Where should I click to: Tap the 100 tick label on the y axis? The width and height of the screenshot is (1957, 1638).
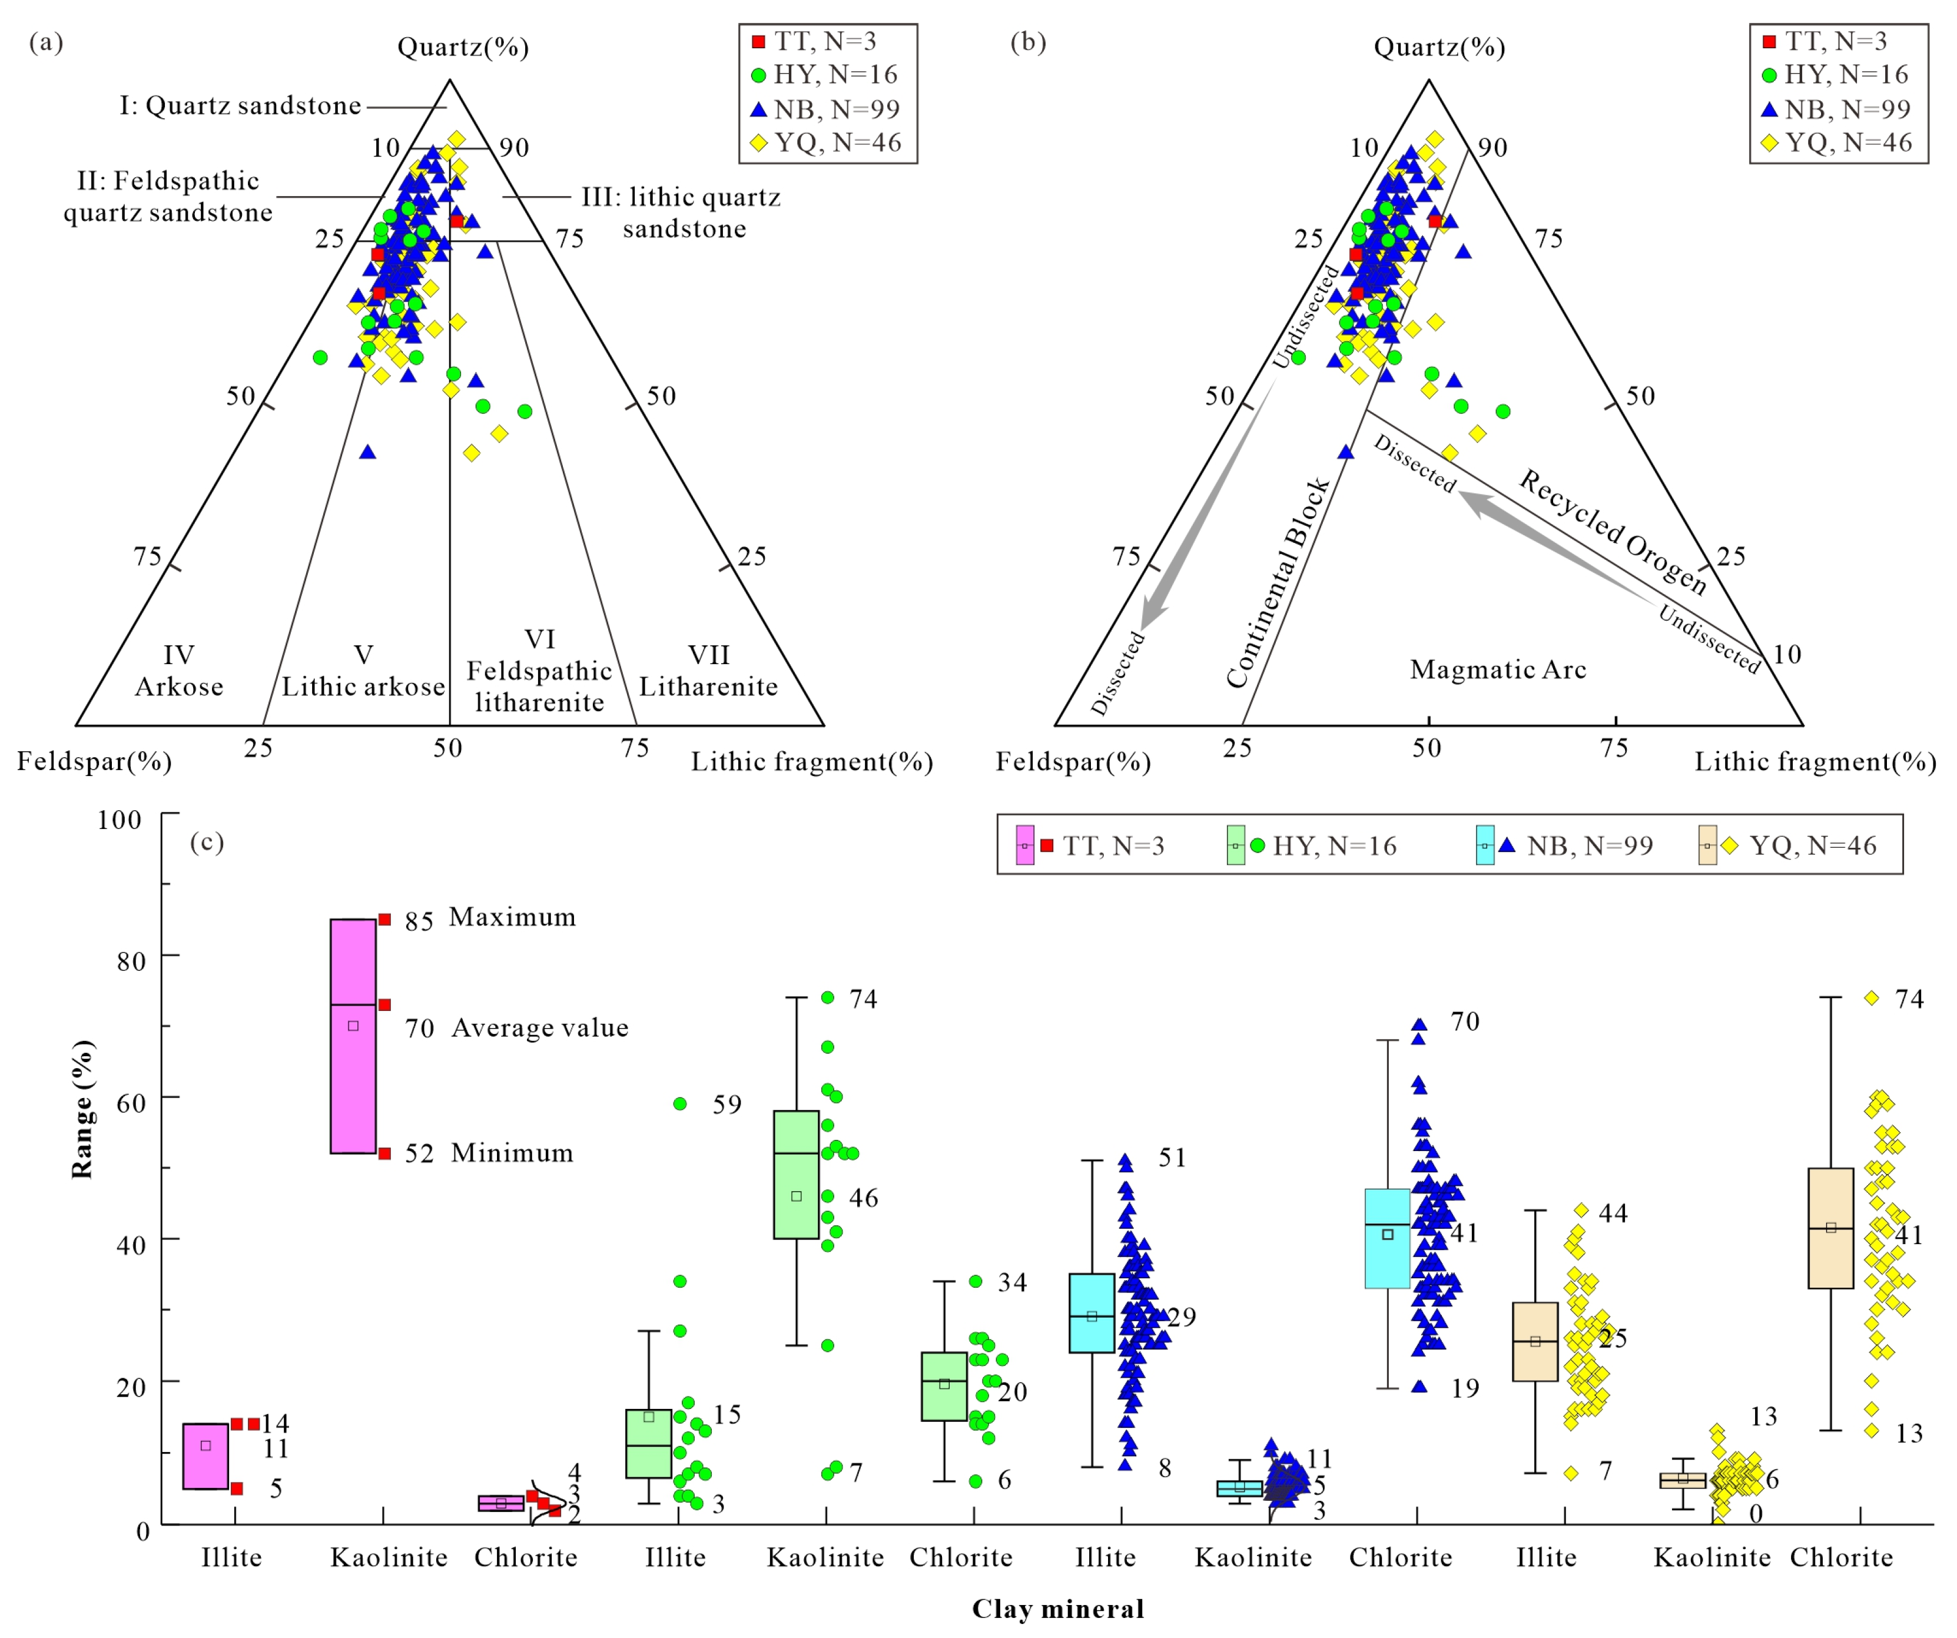(x=120, y=820)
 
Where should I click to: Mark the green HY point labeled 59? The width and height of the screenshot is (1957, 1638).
(x=680, y=1104)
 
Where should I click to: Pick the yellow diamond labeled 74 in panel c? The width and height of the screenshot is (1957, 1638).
(x=1871, y=998)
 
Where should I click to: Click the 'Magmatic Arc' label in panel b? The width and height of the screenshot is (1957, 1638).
(x=1498, y=669)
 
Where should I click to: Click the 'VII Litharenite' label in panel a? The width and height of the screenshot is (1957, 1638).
(x=708, y=671)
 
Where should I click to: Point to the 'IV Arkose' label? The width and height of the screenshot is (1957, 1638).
(x=179, y=671)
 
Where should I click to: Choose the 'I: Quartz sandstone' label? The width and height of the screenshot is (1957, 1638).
(x=240, y=105)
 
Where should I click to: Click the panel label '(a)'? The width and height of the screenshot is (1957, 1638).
(x=46, y=42)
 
